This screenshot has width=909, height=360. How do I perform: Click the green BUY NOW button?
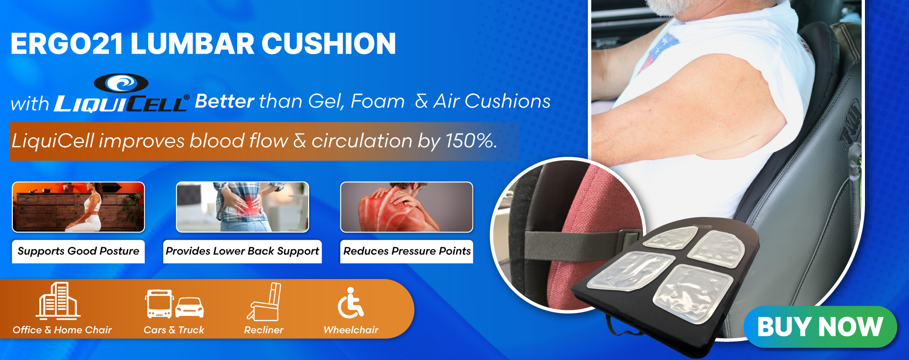[x=820, y=327]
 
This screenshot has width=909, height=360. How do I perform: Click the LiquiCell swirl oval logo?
[x=121, y=83]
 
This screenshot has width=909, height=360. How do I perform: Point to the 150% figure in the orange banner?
[x=470, y=141]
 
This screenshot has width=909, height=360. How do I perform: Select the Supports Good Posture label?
[x=78, y=251]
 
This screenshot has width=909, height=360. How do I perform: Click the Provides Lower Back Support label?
[x=242, y=251]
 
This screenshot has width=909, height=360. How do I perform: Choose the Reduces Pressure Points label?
[x=407, y=251]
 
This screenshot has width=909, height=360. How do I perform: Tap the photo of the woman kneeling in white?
[x=78, y=207]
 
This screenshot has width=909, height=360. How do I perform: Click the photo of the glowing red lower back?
[x=242, y=207]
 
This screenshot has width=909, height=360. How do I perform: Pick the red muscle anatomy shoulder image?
[x=407, y=207]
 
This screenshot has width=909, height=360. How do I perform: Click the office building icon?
[x=58, y=301]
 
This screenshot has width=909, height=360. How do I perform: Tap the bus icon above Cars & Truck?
[x=159, y=304]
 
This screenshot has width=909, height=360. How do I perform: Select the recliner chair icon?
[x=264, y=302]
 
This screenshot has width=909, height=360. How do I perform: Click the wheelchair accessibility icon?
[x=350, y=303]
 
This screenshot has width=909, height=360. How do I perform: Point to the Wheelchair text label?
[x=351, y=330]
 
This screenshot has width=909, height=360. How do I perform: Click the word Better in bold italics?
[x=224, y=101]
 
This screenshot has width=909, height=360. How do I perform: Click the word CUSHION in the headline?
[x=329, y=44]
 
